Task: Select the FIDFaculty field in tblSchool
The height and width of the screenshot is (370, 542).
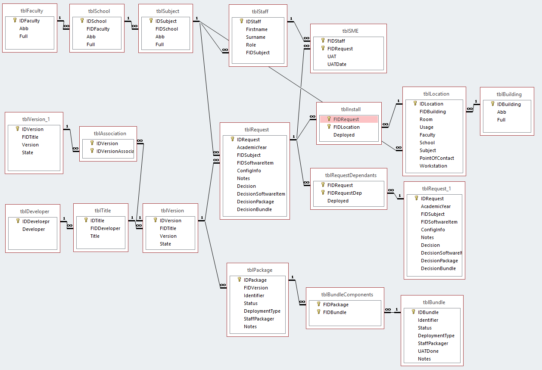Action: click(98, 29)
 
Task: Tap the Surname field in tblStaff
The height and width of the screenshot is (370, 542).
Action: click(255, 37)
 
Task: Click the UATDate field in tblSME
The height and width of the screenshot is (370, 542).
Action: click(336, 64)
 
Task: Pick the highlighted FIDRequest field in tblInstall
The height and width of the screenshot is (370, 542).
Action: click(346, 119)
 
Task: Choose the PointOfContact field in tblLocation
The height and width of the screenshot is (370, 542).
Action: click(436, 158)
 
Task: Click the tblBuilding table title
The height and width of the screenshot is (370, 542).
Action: click(509, 94)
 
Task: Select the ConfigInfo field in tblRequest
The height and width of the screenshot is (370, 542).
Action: click(249, 171)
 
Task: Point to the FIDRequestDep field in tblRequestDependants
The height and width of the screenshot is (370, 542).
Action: click(344, 193)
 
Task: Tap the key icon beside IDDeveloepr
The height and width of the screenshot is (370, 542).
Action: click(18, 221)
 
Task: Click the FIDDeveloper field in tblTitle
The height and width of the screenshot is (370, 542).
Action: click(105, 228)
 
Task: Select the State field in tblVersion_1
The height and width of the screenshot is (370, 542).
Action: click(28, 152)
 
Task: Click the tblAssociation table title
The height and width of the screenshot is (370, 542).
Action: click(108, 133)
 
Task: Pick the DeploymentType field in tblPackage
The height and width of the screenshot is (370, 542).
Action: click(262, 311)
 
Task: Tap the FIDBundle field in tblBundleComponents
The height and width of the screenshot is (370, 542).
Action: click(334, 312)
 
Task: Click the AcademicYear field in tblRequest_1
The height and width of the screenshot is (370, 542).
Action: click(436, 206)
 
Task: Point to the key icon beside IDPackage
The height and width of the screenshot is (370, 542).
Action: click(240, 280)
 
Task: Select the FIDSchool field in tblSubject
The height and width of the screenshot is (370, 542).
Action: click(166, 29)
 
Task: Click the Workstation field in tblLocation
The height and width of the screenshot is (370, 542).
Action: click(433, 166)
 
